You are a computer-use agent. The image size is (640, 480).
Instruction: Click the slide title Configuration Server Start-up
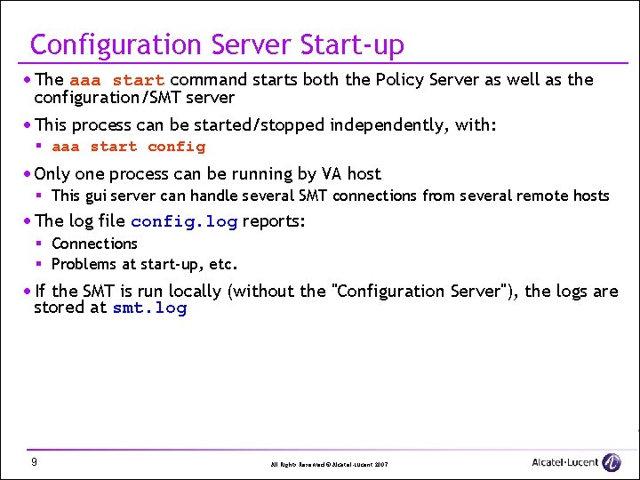[x=217, y=44]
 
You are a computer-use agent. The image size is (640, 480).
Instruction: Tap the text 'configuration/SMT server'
[x=134, y=97]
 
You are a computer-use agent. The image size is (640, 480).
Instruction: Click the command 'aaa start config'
[x=128, y=147]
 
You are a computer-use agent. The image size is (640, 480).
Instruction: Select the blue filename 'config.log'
[x=183, y=222]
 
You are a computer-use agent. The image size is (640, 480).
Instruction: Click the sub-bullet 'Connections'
[x=94, y=244]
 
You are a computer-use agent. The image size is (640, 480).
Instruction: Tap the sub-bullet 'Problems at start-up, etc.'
[x=144, y=264]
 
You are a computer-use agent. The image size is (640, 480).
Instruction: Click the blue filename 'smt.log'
[x=149, y=308]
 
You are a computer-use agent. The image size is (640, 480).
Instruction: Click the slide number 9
[x=33, y=462]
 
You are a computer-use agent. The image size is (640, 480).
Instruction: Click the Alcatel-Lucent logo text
[x=564, y=462]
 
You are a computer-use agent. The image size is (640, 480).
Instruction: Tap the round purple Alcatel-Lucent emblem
[x=612, y=462]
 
